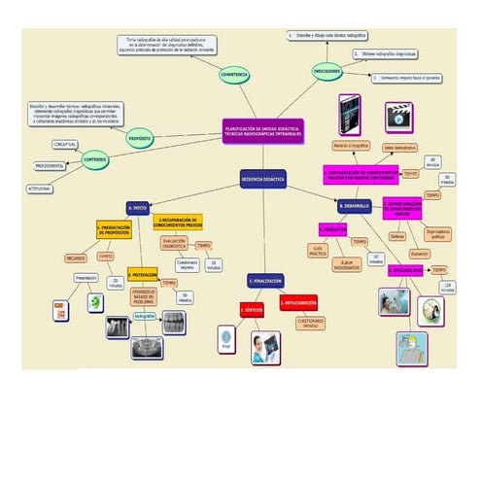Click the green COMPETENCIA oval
(x=234, y=74)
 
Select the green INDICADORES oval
(x=327, y=71)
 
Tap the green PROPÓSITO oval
(x=140, y=139)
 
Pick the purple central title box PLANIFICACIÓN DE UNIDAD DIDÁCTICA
(x=263, y=129)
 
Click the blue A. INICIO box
(x=137, y=208)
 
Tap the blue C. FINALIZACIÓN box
(x=265, y=281)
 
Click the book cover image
(x=349, y=114)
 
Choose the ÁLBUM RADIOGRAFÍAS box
(x=346, y=262)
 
